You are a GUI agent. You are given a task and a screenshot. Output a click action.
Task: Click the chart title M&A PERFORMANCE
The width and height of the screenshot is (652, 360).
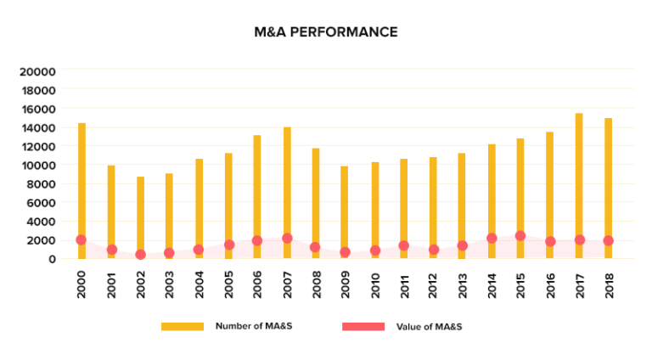(x=326, y=32)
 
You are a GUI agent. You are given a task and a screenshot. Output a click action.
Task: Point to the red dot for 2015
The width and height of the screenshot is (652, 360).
(x=520, y=236)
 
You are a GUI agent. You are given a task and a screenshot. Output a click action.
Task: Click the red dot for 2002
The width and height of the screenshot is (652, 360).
(x=140, y=255)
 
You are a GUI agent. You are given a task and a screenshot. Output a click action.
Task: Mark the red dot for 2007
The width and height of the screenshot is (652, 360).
(x=287, y=239)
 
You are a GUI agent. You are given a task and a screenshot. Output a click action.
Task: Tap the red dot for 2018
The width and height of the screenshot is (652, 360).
(x=608, y=240)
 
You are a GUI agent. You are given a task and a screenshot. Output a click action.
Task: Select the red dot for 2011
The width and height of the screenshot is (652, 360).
(x=403, y=245)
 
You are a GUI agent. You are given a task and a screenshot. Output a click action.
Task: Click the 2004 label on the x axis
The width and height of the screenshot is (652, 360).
(x=199, y=279)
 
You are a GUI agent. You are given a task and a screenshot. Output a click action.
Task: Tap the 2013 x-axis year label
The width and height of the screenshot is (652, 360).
(x=463, y=279)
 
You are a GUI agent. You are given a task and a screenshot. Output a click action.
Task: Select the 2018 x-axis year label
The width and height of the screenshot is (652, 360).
(x=609, y=279)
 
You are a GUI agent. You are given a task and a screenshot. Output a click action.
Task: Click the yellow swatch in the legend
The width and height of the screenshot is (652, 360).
(x=183, y=326)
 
